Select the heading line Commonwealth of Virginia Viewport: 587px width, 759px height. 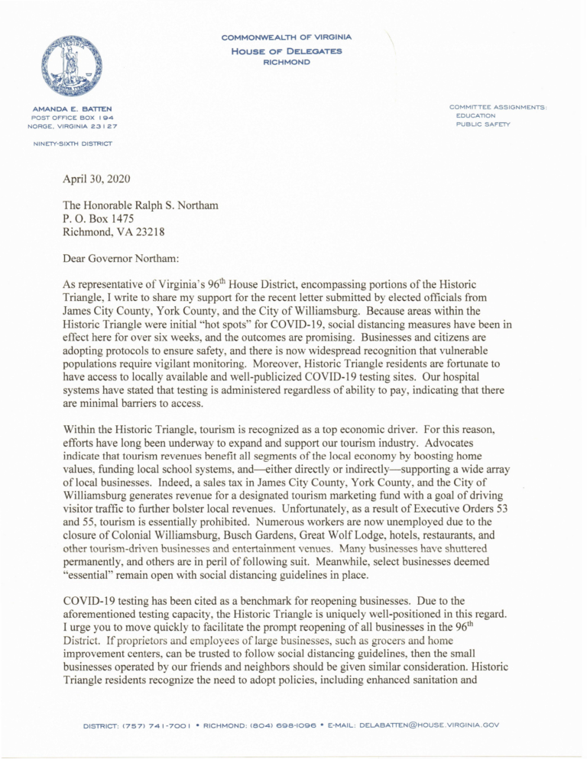(x=286, y=37)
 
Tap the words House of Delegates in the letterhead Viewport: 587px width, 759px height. (x=286, y=50)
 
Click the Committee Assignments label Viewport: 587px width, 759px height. (x=498, y=107)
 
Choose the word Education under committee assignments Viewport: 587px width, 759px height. (x=475, y=115)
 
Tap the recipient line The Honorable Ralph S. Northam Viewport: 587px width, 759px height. (x=141, y=205)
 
